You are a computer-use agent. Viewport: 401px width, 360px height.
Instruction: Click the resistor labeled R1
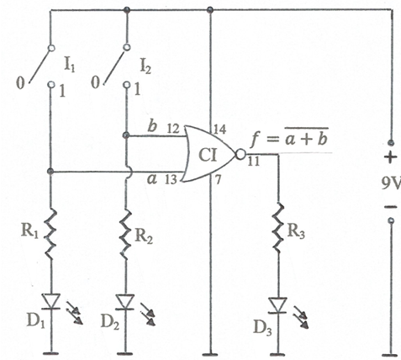pos(50,235)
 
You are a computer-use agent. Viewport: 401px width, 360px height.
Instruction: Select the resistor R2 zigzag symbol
pos(125,233)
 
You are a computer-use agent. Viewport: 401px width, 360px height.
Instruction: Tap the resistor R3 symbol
pos(278,228)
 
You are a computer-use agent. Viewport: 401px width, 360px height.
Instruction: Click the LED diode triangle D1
pos(50,301)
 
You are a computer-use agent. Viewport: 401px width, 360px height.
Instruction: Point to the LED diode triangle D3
pos(277,305)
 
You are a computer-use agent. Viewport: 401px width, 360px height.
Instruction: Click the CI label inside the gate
pos(208,156)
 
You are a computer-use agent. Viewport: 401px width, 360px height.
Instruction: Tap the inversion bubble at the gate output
pos(240,154)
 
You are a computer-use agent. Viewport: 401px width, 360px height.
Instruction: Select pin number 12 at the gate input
pos(173,129)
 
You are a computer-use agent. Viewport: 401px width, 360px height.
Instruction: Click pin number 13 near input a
pos(171,179)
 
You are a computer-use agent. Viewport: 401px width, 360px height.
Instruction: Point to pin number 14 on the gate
pos(219,130)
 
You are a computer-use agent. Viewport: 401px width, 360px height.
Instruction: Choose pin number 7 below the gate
pos(217,180)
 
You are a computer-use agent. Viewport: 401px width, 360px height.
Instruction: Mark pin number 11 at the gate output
pos(254,161)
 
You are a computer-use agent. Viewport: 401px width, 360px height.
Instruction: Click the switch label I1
pos(70,66)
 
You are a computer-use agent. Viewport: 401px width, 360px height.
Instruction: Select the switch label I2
pos(145,66)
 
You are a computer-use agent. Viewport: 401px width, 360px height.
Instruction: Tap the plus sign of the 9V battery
pos(391,157)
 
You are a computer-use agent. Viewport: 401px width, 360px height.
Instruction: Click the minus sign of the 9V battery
pos(390,207)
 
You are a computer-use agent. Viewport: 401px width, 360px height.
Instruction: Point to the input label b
pos(152,127)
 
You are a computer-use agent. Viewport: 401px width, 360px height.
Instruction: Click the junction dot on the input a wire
pos(50,172)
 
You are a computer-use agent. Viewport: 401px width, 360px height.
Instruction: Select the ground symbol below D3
pos(277,354)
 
